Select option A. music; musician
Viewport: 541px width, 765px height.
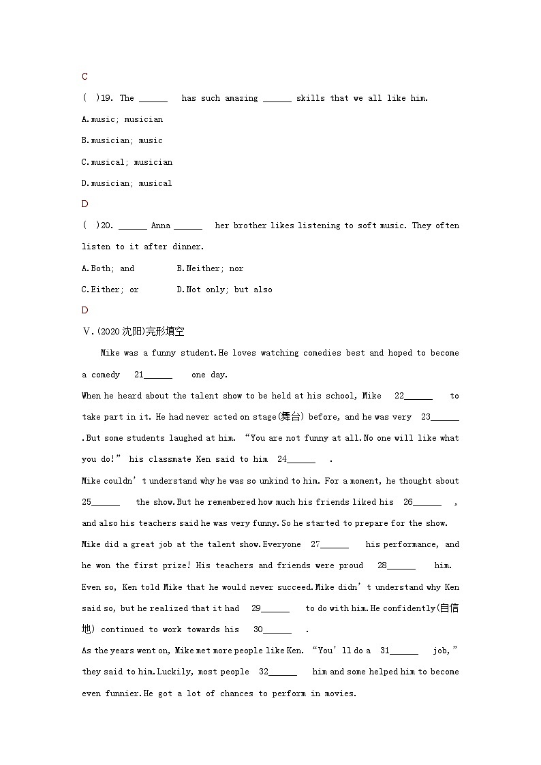pyautogui.click(x=122, y=119)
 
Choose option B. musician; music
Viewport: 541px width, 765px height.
pyautogui.click(x=122, y=140)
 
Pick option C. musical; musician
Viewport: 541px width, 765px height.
pyautogui.click(x=127, y=162)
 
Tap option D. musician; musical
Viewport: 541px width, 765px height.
pyautogui.click(x=127, y=183)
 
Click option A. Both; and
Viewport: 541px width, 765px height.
pyautogui.click(x=108, y=268)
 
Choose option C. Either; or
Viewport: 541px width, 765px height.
pyautogui.click(x=110, y=290)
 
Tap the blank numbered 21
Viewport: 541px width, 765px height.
pyautogui.click(x=157, y=375)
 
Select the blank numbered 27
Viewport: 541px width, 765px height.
pyautogui.click(x=334, y=544)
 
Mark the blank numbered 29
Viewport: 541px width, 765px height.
pyautogui.click(x=275, y=608)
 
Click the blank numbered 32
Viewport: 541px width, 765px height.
pyautogui.click(x=282, y=672)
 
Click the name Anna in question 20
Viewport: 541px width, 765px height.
pyautogui.click(x=161, y=225)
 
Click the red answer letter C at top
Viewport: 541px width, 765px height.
pyautogui.click(x=84, y=77)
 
